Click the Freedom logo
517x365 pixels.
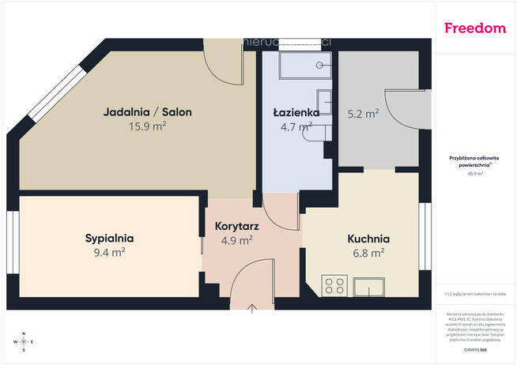coord(474,28)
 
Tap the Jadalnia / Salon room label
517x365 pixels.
coord(147,112)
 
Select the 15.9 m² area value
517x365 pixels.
coord(147,126)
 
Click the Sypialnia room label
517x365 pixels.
coord(109,238)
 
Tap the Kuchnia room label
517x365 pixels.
coord(368,239)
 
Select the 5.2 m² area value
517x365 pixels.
coord(363,113)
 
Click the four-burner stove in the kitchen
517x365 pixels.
coord(334,284)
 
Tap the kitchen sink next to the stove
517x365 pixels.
coord(369,284)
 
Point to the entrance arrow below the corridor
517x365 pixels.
coord(253,307)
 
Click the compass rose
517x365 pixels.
coord(23,341)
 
